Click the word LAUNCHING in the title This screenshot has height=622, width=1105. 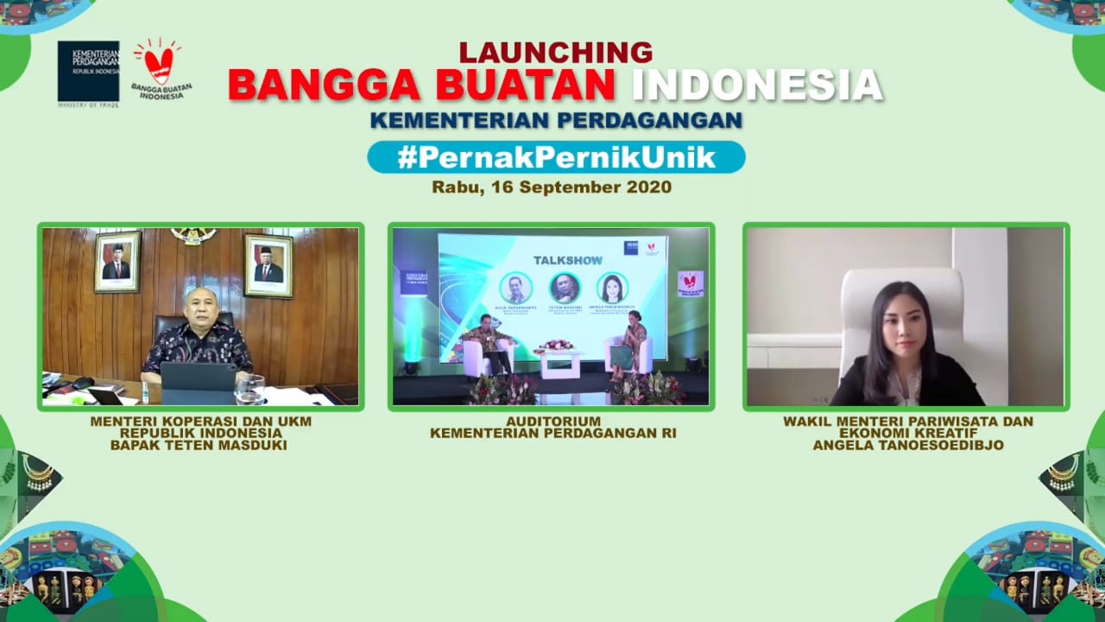pyautogui.click(x=555, y=53)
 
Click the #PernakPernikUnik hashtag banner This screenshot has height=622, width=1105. pyautogui.click(x=556, y=157)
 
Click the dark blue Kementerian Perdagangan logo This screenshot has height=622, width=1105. pyautogui.click(x=88, y=72)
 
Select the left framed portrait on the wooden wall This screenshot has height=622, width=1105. pyautogui.click(x=117, y=261)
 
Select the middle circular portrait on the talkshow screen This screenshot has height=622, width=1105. pyautogui.click(x=565, y=288)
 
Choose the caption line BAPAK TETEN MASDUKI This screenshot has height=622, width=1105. pyautogui.click(x=199, y=446)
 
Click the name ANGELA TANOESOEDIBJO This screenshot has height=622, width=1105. pyautogui.click(x=907, y=446)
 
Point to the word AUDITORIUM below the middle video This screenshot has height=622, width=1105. pyautogui.click(x=553, y=422)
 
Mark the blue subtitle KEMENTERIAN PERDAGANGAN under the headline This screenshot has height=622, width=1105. pyautogui.click(x=556, y=121)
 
